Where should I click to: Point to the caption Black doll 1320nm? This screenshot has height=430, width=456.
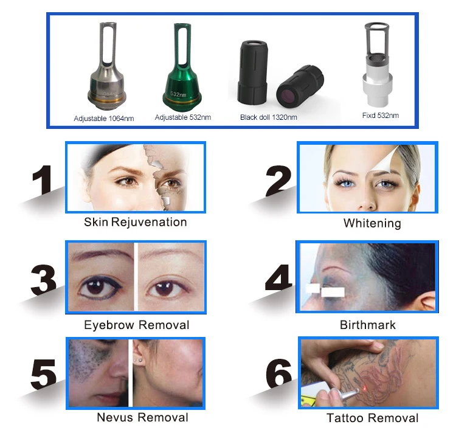[x=269, y=117]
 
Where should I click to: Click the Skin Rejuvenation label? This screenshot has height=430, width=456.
[x=136, y=222]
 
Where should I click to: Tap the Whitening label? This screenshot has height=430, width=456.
[x=372, y=223]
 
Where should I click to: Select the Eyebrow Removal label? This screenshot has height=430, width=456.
[x=137, y=325]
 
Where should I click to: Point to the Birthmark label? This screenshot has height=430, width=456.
[x=368, y=325]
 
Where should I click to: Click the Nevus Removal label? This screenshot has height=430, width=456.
[x=142, y=417]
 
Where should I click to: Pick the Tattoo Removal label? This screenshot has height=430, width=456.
[x=373, y=418]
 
